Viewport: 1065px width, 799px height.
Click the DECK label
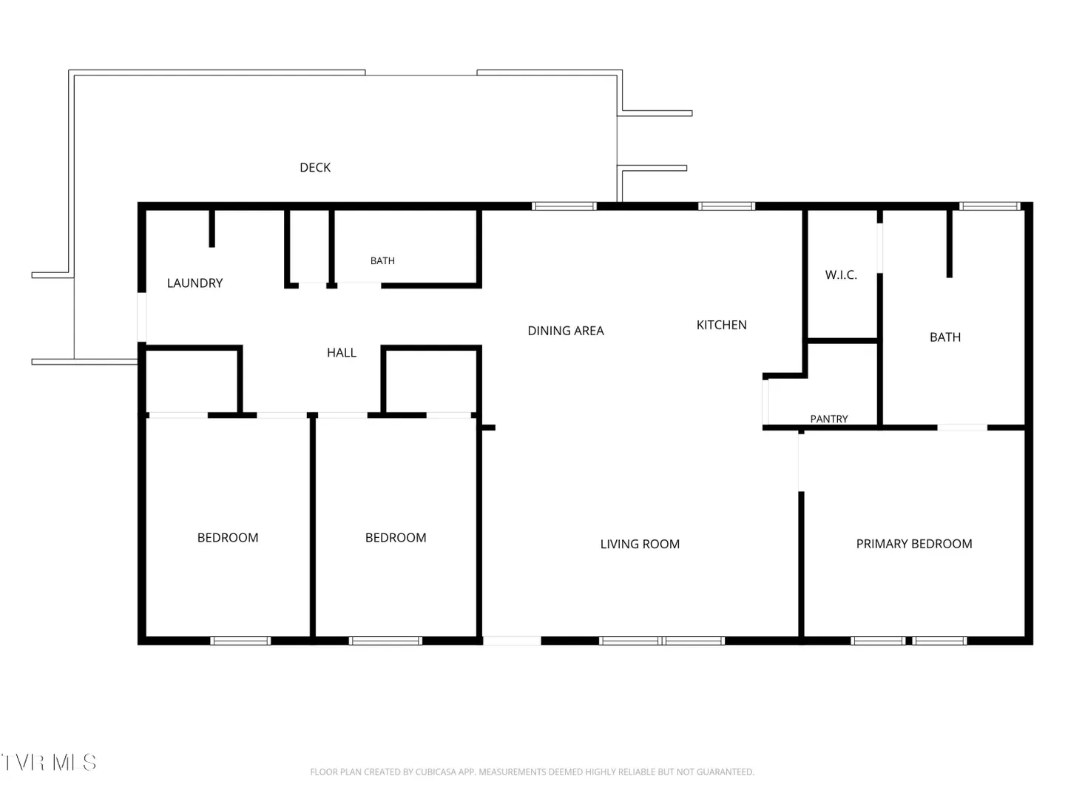(315, 168)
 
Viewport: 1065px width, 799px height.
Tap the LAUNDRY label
(195, 283)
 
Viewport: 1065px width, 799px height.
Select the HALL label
(341, 353)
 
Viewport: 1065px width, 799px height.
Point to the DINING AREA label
(565, 331)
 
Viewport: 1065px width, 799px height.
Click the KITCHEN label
(721, 325)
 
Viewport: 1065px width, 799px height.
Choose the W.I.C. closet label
(840, 275)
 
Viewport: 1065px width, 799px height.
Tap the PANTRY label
(828, 419)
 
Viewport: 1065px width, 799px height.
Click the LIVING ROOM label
(640, 545)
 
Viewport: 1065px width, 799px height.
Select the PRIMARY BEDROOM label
(913, 544)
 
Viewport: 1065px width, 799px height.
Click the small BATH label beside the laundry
(382, 261)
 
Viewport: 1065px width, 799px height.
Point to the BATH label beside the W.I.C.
(944, 337)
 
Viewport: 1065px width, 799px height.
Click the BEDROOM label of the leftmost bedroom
(228, 538)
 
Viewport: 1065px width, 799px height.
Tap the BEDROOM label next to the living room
(396, 538)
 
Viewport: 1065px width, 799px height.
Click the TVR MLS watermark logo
(49, 763)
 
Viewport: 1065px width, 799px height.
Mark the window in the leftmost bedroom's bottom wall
(240, 641)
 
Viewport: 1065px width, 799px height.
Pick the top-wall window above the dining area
(564, 206)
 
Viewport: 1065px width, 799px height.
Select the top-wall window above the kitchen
(726, 206)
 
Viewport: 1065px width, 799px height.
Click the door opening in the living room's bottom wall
(512, 641)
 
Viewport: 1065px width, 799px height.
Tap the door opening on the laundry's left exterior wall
(142, 317)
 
